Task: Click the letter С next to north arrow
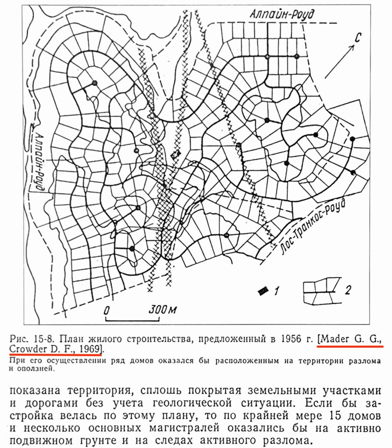[357, 38]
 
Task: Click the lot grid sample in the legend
[321, 291]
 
